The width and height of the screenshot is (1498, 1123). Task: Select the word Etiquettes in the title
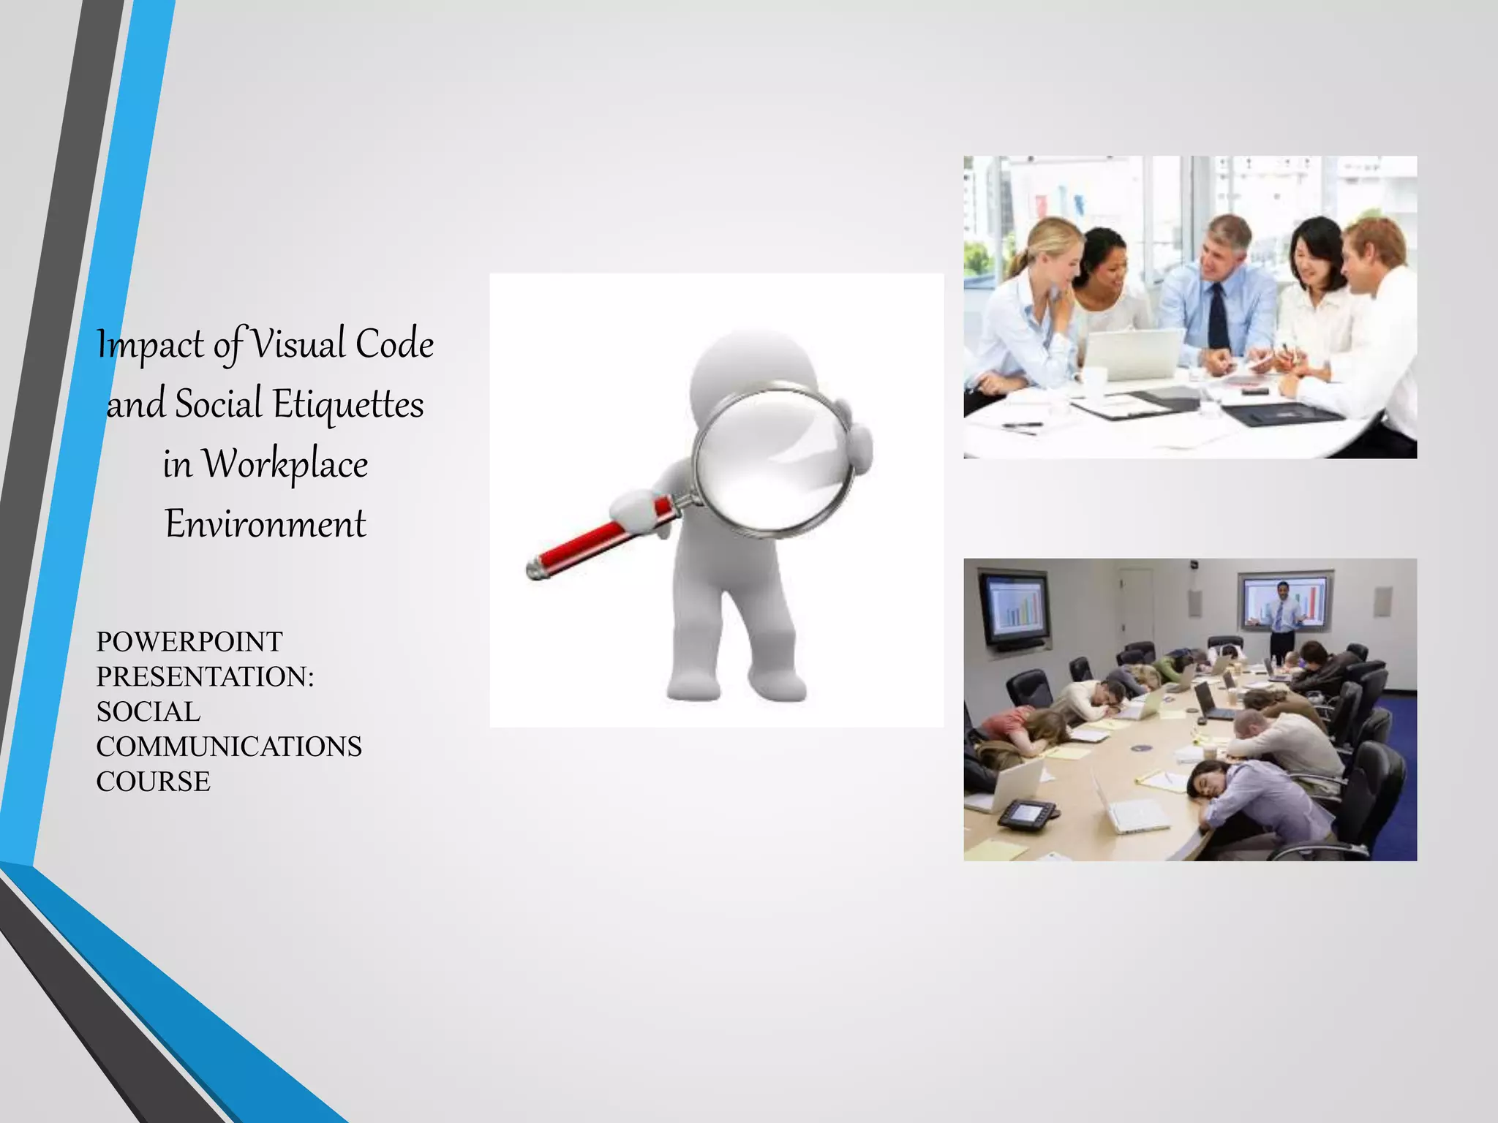coord(348,404)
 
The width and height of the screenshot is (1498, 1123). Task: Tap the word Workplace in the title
coord(285,464)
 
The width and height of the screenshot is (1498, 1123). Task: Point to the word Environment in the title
coord(266,523)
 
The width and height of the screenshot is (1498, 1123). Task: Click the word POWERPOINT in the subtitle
coord(189,642)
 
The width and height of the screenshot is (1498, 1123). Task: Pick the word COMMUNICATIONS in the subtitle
coord(229,746)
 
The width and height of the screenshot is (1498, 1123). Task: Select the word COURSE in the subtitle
coord(154,782)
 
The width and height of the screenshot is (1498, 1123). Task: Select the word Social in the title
coord(219,404)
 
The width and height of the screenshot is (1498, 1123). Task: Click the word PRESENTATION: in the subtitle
coord(205,676)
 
